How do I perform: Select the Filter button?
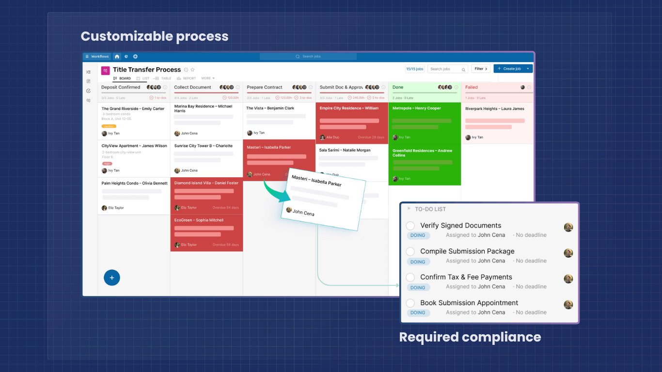tap(480, 69)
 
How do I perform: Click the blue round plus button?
tap(112, 278)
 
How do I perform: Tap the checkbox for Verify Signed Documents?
tap(410, 226)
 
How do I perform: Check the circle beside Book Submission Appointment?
tap(410, 303)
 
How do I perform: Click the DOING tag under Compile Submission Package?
tap(418, 262)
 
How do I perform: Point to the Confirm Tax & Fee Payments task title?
tap(466, 277)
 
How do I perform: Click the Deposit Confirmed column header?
tap(121, 87)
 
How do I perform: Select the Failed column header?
tap(472, 87)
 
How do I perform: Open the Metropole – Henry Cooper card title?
tap(416, 108)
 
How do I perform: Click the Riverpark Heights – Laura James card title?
tap(494, 109)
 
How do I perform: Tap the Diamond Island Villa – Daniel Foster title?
tap(206, 183)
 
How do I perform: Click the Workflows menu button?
tap(97, 57)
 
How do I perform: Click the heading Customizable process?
tap(154, 36)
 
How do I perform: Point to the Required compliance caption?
tap(470, 337)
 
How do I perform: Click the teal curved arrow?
tap(276, 191)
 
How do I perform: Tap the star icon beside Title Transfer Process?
tap(192, 70)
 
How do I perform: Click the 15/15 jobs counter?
tap(414, 69)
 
